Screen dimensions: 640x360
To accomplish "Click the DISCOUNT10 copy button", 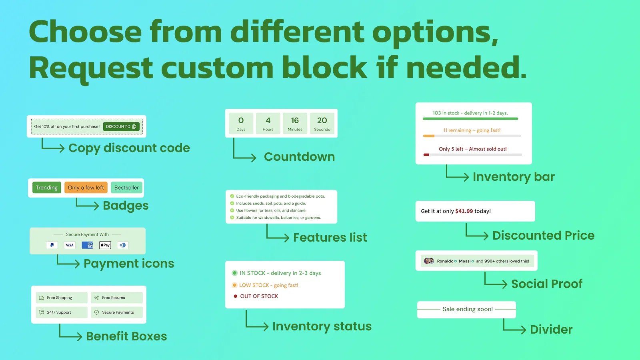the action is tap(122, 126).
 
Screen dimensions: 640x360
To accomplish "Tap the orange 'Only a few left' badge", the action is tap(86, 188).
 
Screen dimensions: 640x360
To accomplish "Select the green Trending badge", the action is tap(46, 188).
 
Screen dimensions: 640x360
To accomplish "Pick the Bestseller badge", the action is tap(126, 188).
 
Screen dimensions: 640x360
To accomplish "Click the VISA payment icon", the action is tap(70, 245).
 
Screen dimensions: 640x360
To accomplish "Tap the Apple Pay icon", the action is tap(105, 245).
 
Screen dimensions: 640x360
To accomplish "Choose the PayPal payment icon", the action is tap(52, 245).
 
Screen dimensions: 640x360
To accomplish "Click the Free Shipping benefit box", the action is tap(62, 298).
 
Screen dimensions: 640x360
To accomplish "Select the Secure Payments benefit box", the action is tap(116, 312).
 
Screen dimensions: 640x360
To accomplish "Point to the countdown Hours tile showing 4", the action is tap(268, 123).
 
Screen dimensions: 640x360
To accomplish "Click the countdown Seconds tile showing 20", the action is tap(322, 123).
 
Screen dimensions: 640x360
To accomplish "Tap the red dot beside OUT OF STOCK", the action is tap(236, 296).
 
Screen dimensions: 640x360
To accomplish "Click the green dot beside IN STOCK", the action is tap(234, 273).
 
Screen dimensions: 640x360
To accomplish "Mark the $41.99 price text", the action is tap(464, 211).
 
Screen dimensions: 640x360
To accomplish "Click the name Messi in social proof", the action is tap(464, 261).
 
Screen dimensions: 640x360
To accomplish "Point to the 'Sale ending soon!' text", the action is tap(468, 309).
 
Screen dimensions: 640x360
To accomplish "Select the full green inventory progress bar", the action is tap(470, 118).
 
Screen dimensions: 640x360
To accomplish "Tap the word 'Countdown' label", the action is tap(300, 156).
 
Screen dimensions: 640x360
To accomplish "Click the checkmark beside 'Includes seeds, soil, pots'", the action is tap(232, 204).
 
